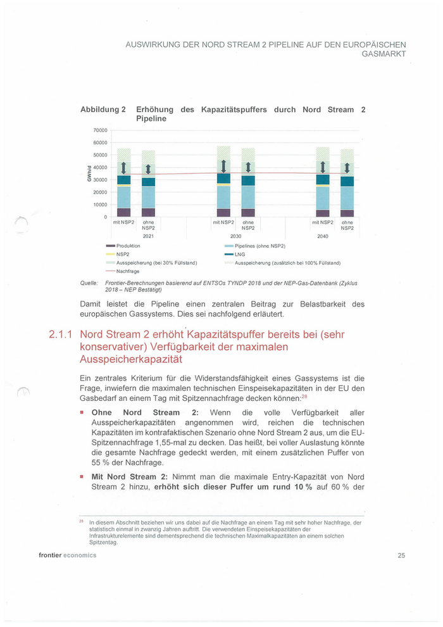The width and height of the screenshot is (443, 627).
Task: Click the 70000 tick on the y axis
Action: pyautogui.click(x=101, y=130)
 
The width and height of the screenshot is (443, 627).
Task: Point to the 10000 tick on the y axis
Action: pyautogui.click(x=101, y=205)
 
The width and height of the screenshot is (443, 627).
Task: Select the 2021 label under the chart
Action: pyautogui.click(x=148, y=236)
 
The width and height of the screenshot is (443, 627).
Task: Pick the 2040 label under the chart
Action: pyautogui.click(x=323, y=236)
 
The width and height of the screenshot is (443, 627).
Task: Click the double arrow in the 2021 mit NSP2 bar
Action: pyautogui.click(x=124, y=168)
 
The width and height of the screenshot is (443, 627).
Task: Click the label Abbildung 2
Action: pyautogui.click(x=103, y=110)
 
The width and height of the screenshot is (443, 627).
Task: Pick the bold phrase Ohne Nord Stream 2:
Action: pyautogui.click(x=146, y=412)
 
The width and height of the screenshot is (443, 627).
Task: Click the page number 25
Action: pyautogui.click(x=401, y=555)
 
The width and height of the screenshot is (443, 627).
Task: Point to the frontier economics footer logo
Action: pyautogui.click(x=67, y=555)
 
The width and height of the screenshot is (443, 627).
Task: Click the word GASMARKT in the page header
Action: pyautogui.click(x=384, y=54)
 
